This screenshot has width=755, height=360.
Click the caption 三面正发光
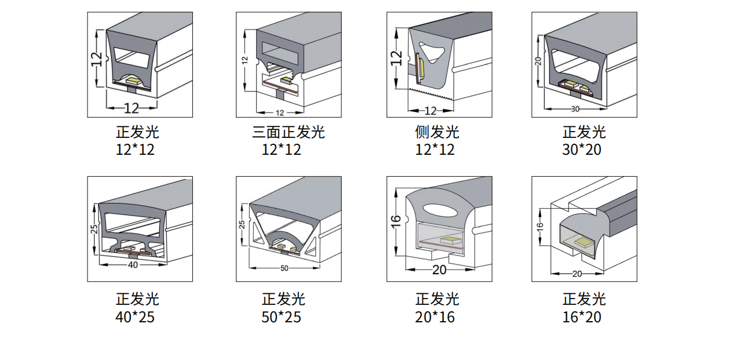[288, 132]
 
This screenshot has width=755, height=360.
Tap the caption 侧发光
[437, 132]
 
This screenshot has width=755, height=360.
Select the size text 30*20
[581, 150]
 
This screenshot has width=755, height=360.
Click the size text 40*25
[135, 317]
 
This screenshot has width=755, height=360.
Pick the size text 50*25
[281, 317]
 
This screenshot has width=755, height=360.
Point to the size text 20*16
[435, 317]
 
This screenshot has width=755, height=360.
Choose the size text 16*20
[581, 317]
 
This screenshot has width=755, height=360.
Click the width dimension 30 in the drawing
[575, 109]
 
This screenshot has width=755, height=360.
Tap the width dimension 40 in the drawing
[133, 265]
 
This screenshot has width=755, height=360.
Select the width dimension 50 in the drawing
[284, 268]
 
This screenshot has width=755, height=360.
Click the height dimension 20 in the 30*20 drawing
[538, 61]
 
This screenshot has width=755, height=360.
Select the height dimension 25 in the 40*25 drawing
[94, 229]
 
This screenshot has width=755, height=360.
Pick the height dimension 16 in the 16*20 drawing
[539, 227]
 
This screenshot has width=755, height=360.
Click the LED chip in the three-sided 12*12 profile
[286, 80]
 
